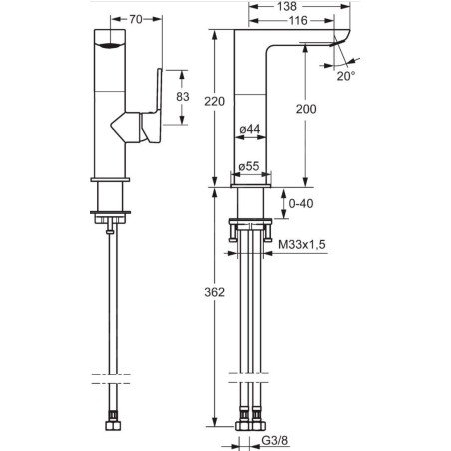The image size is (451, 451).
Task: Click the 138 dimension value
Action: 287,6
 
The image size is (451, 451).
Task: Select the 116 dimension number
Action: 298,21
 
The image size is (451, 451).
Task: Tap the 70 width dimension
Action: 136,19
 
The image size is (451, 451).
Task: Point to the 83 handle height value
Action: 183,97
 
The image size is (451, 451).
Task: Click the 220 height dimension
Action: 214,101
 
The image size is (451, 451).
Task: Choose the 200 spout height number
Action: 306,109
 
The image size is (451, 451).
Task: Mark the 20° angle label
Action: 346,76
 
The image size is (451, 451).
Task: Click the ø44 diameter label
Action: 250,129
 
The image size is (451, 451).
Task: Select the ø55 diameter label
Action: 249,166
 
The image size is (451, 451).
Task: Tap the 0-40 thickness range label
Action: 301,203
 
